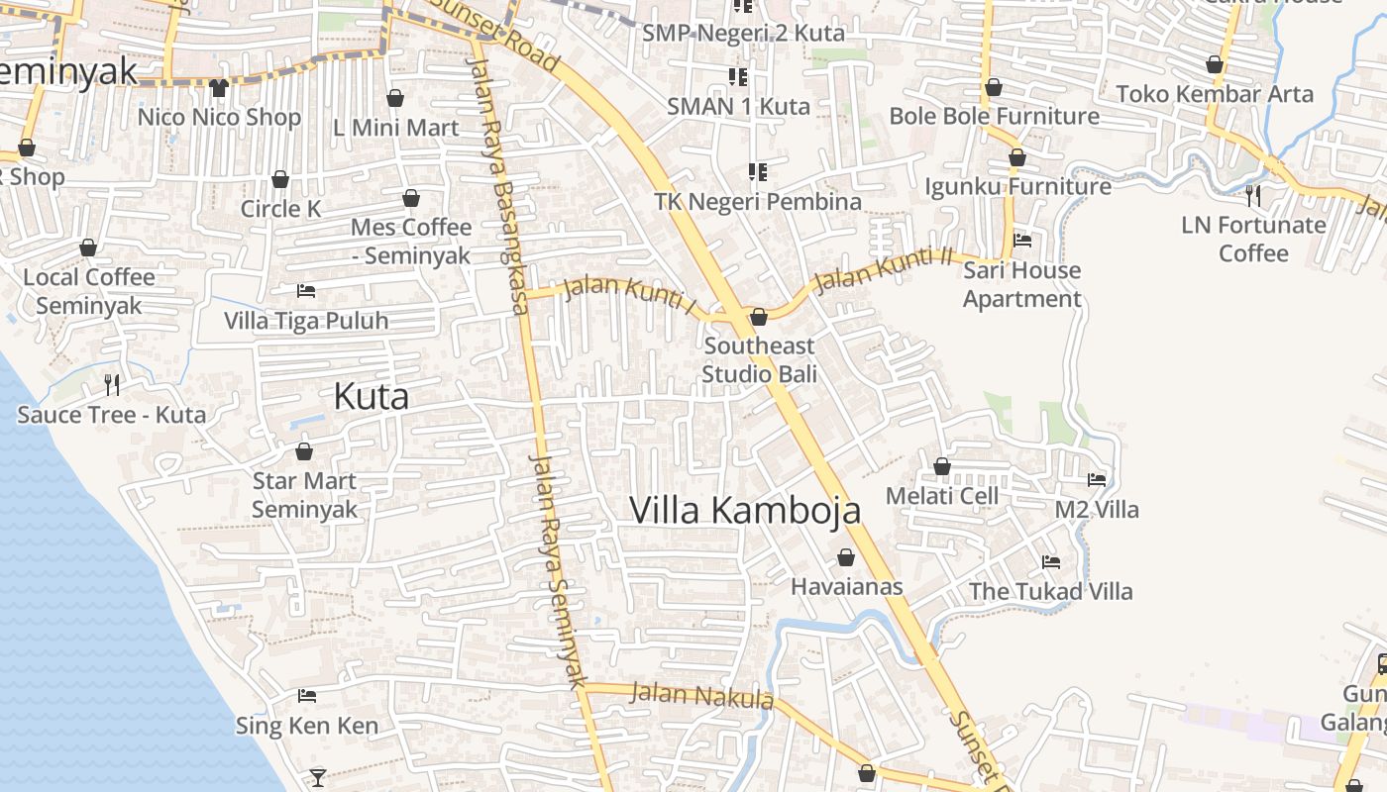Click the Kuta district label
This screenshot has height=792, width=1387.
[371, 397]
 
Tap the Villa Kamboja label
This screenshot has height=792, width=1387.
[745, 510]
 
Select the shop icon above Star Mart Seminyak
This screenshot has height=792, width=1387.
[304, 451]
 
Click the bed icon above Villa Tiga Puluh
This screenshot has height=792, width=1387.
[306, 291]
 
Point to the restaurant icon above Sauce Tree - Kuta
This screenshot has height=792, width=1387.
[112, 384]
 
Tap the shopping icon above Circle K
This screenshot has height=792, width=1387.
[280, 179]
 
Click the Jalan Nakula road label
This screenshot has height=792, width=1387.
[701, 695]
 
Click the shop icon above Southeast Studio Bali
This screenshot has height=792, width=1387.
[759, 317]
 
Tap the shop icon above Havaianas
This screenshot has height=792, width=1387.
[846, 557]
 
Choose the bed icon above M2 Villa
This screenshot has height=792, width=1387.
[1097, 480]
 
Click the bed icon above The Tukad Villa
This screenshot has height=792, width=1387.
[1051, 562]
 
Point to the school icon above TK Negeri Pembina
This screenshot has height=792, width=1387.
[758, 172]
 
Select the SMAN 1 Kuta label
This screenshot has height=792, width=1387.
[738, 106]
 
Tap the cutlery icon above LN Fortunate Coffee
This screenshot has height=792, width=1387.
[1253, 195]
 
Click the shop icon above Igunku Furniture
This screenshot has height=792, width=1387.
[1017, 157]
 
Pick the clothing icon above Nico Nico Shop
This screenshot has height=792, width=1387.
[219, 88]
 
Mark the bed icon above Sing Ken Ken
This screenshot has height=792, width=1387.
[307, 696]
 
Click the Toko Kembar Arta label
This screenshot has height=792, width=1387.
[1215, 94]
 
